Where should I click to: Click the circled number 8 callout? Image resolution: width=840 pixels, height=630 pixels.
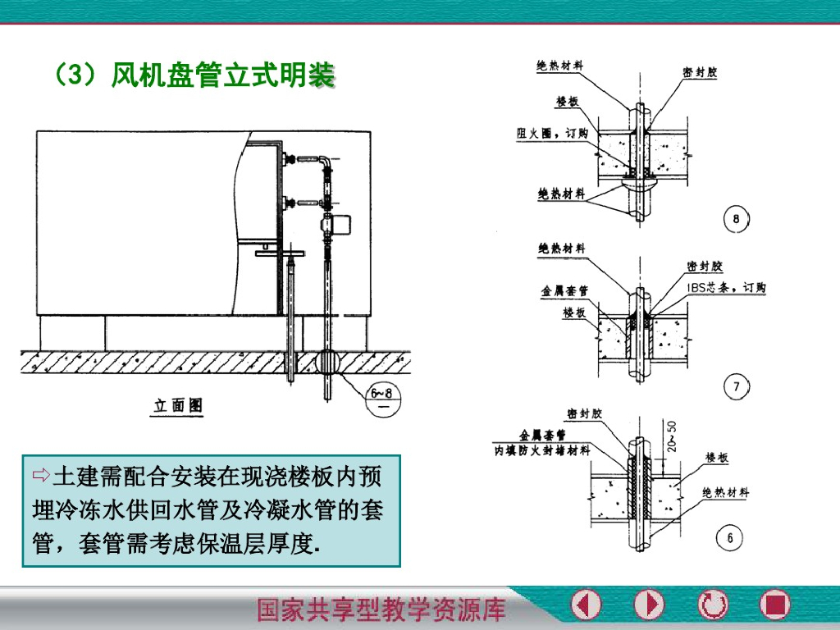click(x=735, y=219)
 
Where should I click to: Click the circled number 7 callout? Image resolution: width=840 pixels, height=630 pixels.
click(x=735, y=386)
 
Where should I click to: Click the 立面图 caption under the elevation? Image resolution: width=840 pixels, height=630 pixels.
click(x=179, y=405)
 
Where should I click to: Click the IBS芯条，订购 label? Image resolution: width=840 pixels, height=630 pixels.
click(x=726, y=288)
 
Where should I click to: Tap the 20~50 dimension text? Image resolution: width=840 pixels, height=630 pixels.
click(x=673, y=437)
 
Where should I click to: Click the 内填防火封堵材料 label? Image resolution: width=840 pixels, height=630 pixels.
click(x=541, y=450)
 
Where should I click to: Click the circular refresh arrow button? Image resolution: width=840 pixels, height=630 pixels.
click(x=712, y=605)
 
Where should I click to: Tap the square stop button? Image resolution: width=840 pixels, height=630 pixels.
click(x=774, y=605)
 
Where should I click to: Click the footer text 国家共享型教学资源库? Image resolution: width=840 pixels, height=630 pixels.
click(x=381, y=609)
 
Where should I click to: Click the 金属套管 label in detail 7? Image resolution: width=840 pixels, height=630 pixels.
click(x=564, y=291)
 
